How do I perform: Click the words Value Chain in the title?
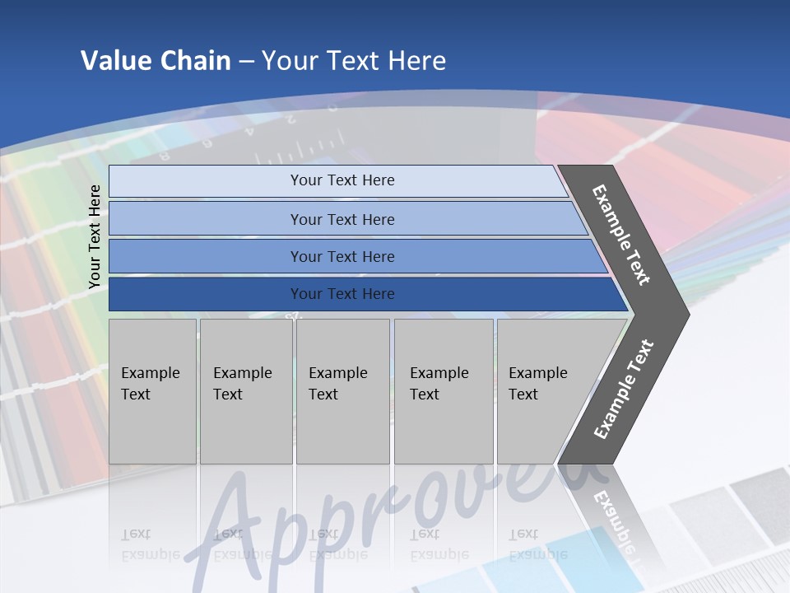tap(156, 61)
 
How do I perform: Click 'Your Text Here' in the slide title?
tap(354, 61)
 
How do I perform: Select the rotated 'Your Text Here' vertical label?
tap(95, 237)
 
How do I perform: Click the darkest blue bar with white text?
tap(206, 294)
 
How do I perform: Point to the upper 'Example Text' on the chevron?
tap(621, 235)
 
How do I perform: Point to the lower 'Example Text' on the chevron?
tap(624, 389)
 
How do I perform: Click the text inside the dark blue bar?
tap(342, 294)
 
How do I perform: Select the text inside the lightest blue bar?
tap(342, 180)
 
